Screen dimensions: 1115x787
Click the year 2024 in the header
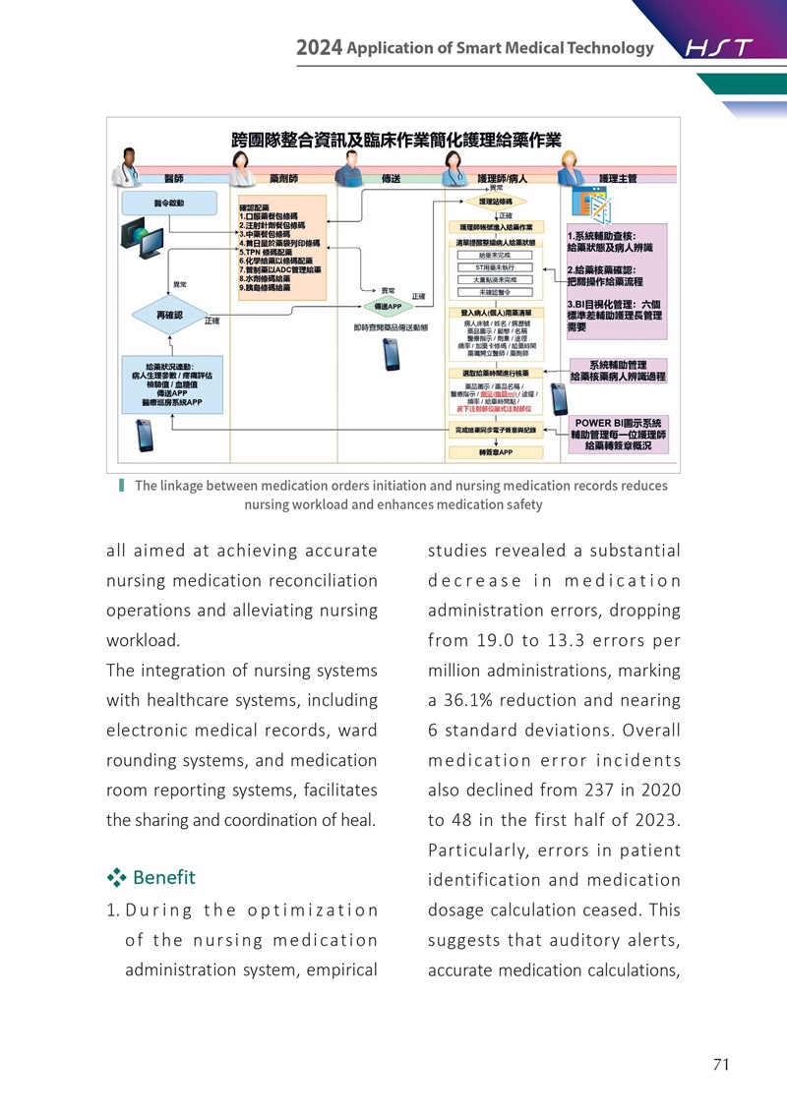coord(319,48)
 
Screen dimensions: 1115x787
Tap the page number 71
coord(719,1064)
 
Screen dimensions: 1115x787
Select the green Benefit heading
coord(163,877)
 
